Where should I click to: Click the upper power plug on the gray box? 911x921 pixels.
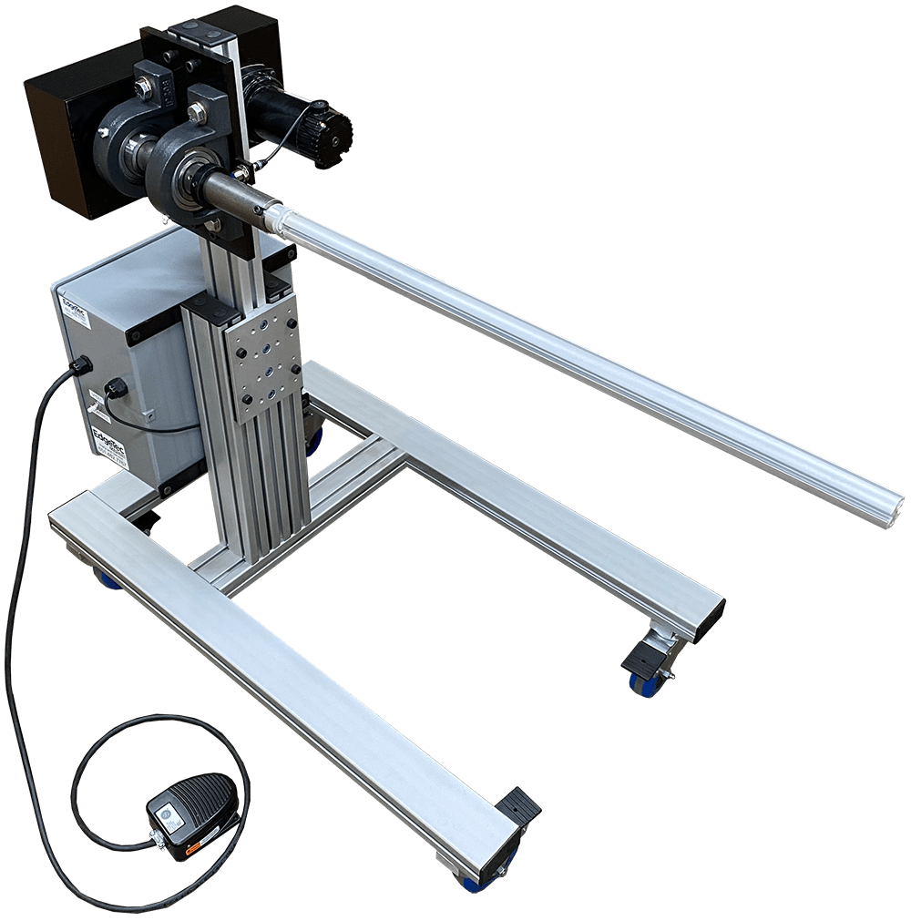point(80,365)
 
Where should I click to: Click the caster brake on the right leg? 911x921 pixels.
point(646,657)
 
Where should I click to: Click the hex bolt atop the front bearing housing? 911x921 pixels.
point(195,113)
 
